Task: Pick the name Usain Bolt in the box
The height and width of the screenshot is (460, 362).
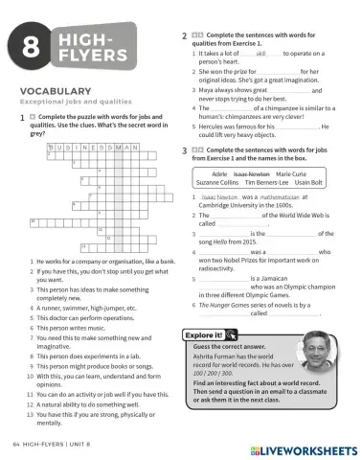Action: (x=308, y=181)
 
